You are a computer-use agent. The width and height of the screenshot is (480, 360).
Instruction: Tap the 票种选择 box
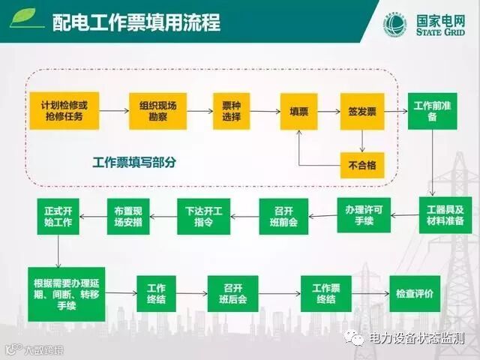[x=226, y=111]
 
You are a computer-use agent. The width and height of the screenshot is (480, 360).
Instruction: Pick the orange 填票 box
[x=299, y=111]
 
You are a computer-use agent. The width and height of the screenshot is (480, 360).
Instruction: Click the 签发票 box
[x=362, y=111]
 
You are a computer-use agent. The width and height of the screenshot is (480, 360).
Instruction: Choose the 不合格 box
[x=362, y=162]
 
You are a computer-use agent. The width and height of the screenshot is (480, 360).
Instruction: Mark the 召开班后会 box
[x=232, y=293]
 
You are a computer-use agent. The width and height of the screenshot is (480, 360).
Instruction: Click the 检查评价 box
[x=415, y=293]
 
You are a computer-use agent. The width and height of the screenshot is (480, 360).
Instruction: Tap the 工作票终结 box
[x=326, y=293]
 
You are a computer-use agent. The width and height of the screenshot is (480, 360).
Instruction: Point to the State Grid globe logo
[x=394, y=24]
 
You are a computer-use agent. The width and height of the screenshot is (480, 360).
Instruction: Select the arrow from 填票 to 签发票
[x=328, y=111]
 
